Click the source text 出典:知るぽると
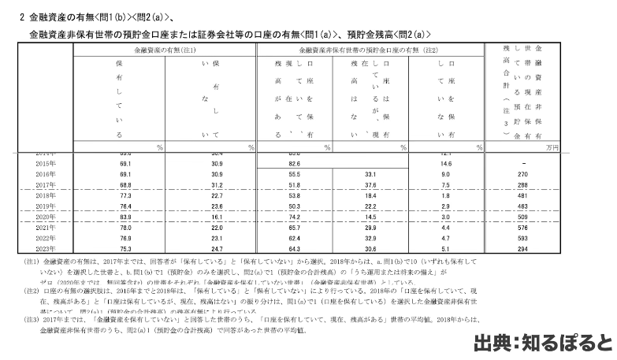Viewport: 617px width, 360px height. coord(541,345)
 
